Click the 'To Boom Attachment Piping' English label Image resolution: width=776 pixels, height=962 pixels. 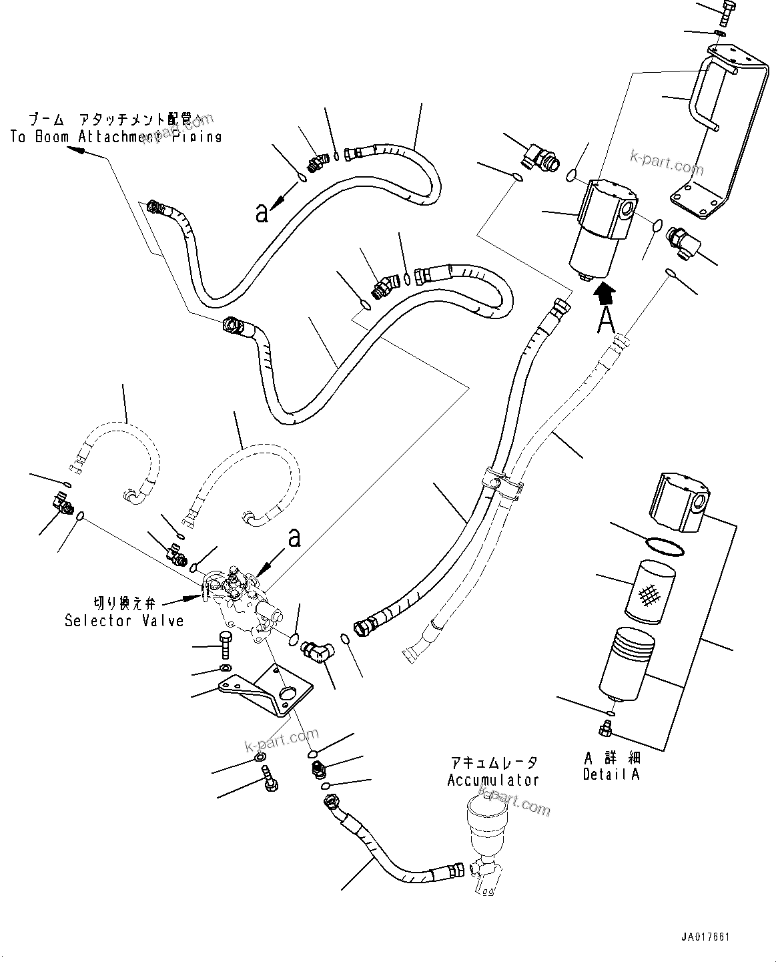click(x=115, y=137)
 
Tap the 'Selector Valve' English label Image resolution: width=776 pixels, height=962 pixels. click(x=123, y=621)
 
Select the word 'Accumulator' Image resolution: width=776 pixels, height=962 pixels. click(x=492, y=780)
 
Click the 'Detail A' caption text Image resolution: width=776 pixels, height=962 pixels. click(x=611, y=775)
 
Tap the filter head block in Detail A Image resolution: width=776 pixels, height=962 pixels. click(x=680, y=501)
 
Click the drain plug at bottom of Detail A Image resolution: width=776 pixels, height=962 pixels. click(x=605, y=731)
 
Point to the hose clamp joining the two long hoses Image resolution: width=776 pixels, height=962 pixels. click(x=501, y=483)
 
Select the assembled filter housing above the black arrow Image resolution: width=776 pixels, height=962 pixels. click(x=599, y=229)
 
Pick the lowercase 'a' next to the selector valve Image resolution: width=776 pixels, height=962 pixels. click(x=293, y=538)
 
